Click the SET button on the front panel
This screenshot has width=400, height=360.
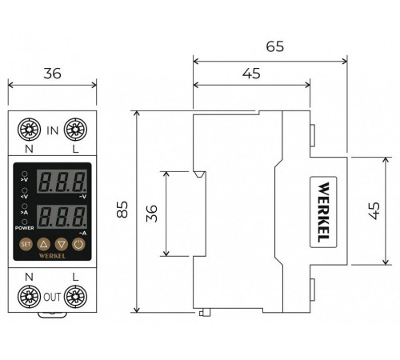(26, 244)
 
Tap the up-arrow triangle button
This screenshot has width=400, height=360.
(43, 244)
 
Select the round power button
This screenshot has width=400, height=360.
(78, 244)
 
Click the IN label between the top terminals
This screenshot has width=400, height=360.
(53, 130)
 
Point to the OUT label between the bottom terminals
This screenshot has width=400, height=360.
(52, 297)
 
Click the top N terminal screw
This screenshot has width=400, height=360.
(29, 130)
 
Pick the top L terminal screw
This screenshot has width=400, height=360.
(75, 130)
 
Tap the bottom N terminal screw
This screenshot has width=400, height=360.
(29, 297)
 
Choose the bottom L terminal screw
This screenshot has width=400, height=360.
(75, 297)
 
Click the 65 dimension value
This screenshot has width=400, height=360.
(275, 46)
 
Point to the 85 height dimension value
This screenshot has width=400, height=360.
(122, 210)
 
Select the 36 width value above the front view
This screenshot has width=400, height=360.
(53, 74)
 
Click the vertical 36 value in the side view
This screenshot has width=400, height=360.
(152, 214)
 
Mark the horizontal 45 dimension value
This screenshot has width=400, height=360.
(251, 74)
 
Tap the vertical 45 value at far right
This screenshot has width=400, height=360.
(374, 210)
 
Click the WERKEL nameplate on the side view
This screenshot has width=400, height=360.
(323, 212)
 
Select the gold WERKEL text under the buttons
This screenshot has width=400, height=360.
(52, 256)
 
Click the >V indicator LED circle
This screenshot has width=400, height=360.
(25, 174)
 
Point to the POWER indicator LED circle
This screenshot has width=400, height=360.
(25, 222)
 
